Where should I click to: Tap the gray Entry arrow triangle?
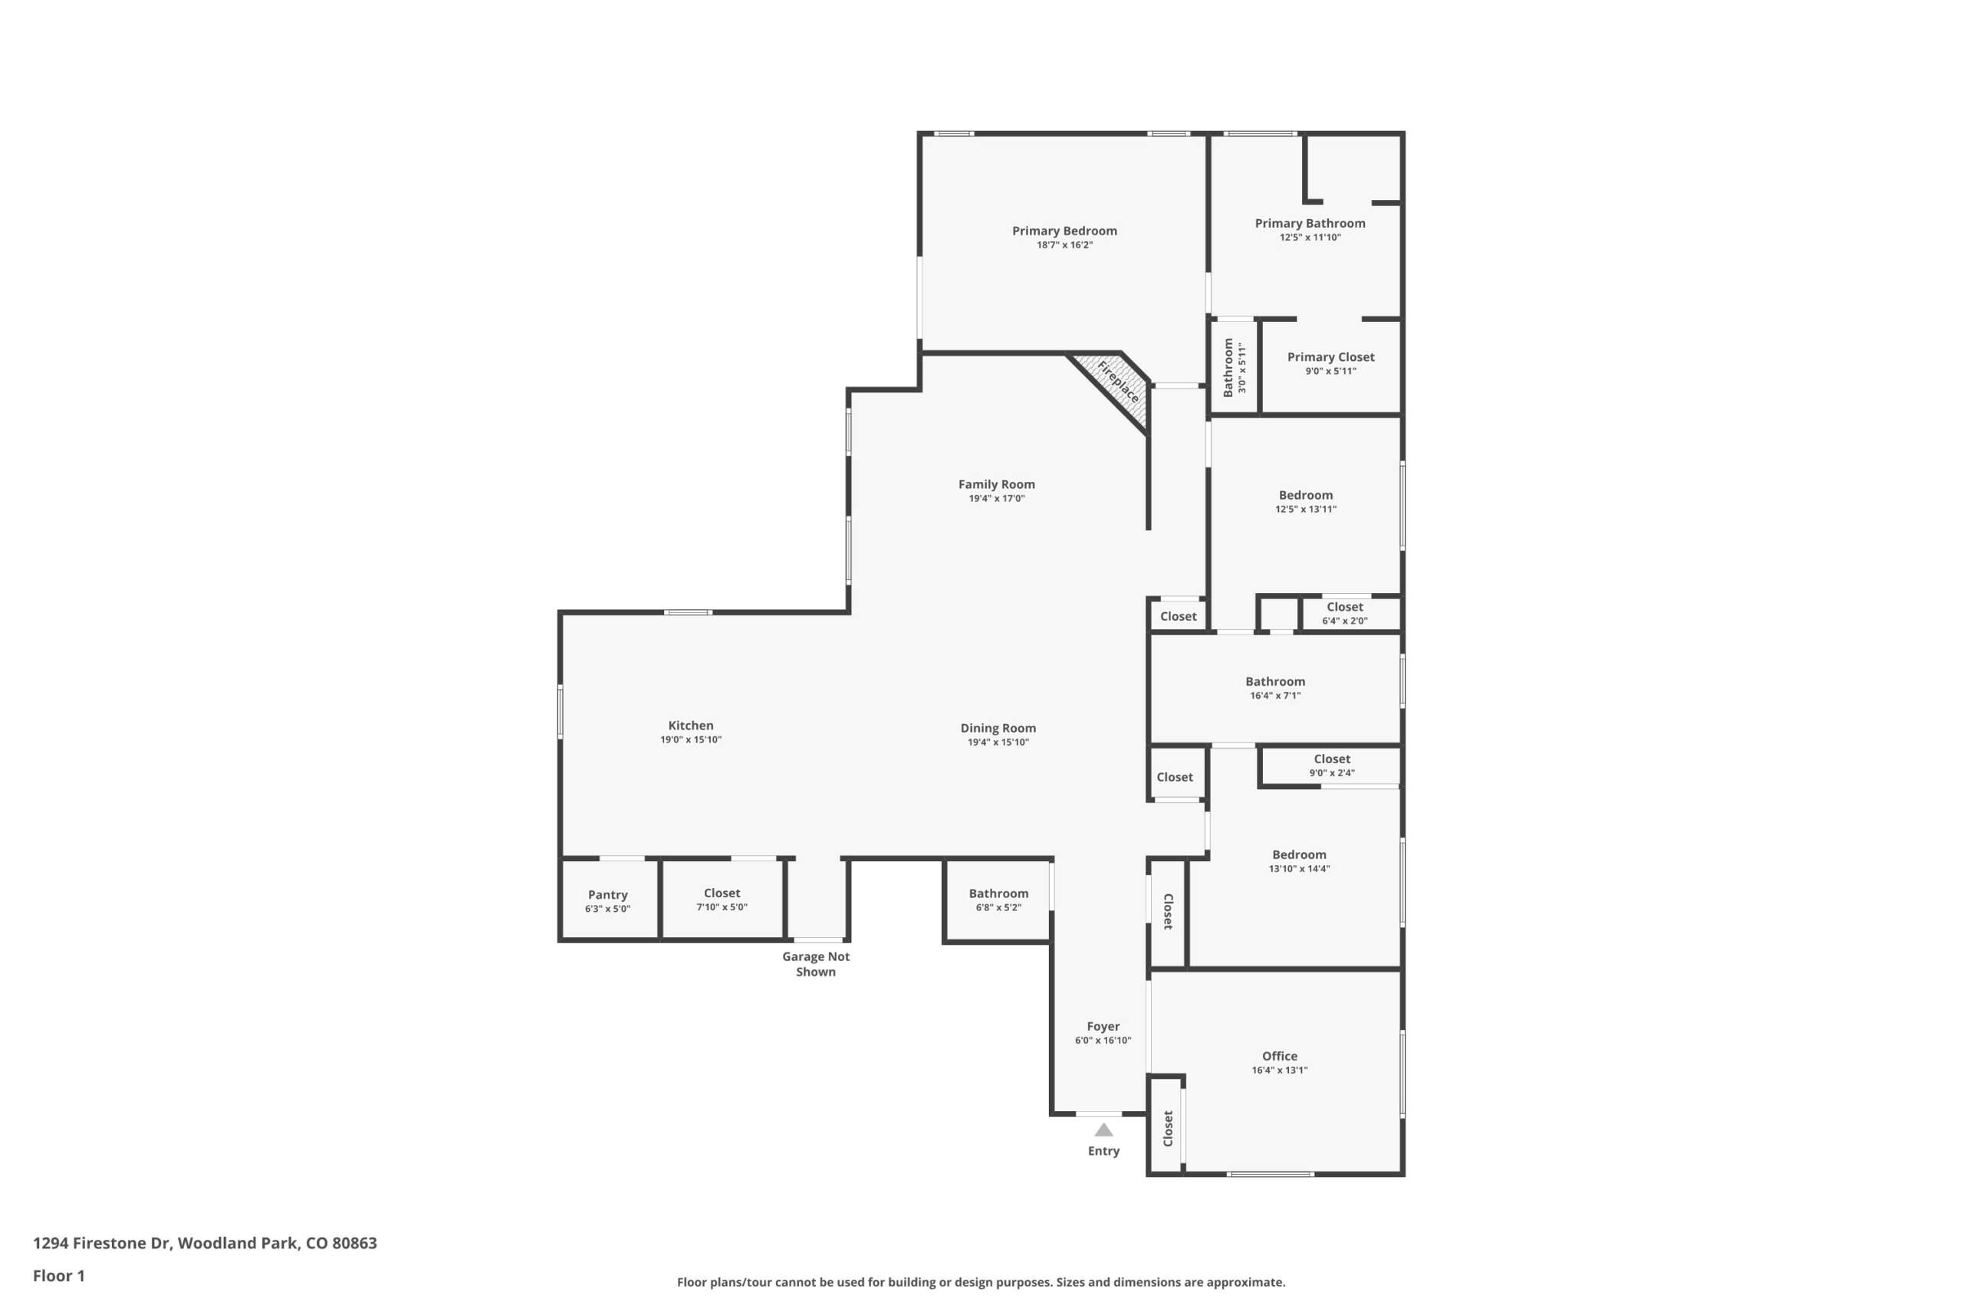click(x=1103, y=1129)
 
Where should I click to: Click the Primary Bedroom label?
click(x=1064, y=231)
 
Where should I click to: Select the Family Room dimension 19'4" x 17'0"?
click(x=997, y=499)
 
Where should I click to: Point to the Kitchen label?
click(x=691, y=726)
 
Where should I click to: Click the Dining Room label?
click(x=998, y=728)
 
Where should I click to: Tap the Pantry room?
click(x=608, y=900)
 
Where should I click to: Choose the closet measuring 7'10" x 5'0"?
click(x=723, y=900)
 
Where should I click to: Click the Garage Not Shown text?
click(x=815, y=964)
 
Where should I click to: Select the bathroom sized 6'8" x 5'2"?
click(x=998, y=900)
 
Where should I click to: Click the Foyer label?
click(x=1103, y=1027)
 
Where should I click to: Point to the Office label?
click(x=1280, y=1056)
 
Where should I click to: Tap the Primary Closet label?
click(x=1330, y=357)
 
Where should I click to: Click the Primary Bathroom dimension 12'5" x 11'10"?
click(x=1310, y=238)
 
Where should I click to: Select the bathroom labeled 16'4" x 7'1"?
click(x=1275, y=689)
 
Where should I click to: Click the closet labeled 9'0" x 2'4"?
click(x=1331, y=765)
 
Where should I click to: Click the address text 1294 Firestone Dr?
click(x=102, y=1243)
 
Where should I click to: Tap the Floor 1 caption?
click(x=58, y=1276)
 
